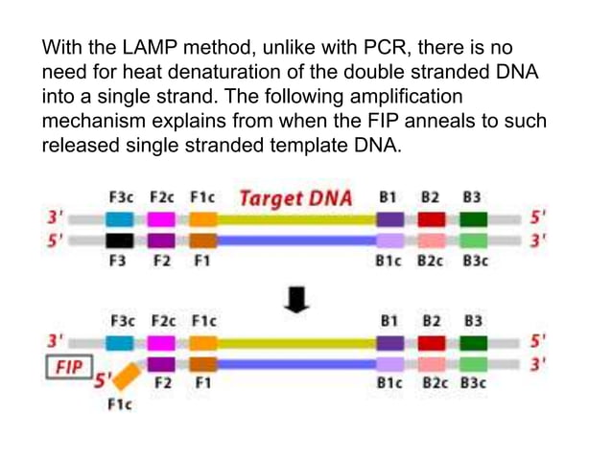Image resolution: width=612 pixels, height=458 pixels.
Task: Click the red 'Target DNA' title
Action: pyautogui.click(x=295, y=199)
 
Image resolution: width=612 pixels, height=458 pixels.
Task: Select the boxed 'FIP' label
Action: pyautogui.click(x=68, y=368)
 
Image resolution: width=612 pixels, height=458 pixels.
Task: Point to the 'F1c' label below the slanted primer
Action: pyautogui.click(x=119, y=404)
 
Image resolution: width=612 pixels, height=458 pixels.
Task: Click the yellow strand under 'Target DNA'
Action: pyautogui.click(x=295, y=219)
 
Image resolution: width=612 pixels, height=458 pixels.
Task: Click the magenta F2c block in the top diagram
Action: pyautogui.click(x=160, y=219)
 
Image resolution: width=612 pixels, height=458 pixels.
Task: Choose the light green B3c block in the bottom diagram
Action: pyautogui.click(x=473, y=364)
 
